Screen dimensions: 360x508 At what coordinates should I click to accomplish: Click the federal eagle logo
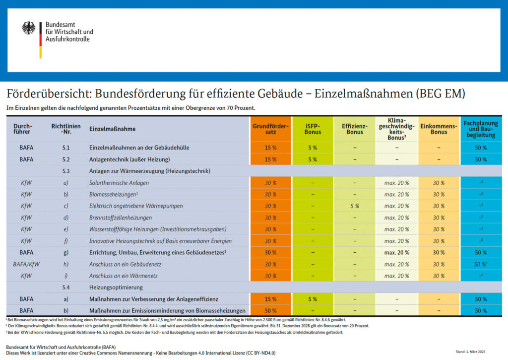click(29, 28)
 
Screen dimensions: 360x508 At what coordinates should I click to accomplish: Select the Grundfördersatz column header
click(270, 129)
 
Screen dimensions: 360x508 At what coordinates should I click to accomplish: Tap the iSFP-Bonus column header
click(313, 129)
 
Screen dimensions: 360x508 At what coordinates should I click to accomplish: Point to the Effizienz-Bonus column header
click(355, 129)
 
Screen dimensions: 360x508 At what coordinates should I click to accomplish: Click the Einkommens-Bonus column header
click(439, 129)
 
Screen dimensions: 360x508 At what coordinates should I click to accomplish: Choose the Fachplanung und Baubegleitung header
click(481, 129)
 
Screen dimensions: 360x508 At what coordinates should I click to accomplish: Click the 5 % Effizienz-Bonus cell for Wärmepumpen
click(355, 206)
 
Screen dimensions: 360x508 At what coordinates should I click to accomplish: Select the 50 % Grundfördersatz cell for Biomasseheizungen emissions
click(270, 311)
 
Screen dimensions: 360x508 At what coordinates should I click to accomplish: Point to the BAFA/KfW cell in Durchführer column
click(26, 264)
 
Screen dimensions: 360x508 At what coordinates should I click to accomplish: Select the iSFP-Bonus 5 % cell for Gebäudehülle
click(313, 148)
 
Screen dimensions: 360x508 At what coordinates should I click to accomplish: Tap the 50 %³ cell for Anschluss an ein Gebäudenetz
click(481, 264)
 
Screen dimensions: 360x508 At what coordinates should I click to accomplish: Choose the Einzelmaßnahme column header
click(112, 129)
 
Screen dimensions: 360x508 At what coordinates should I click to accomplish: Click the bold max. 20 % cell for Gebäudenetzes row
click(396, 253)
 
